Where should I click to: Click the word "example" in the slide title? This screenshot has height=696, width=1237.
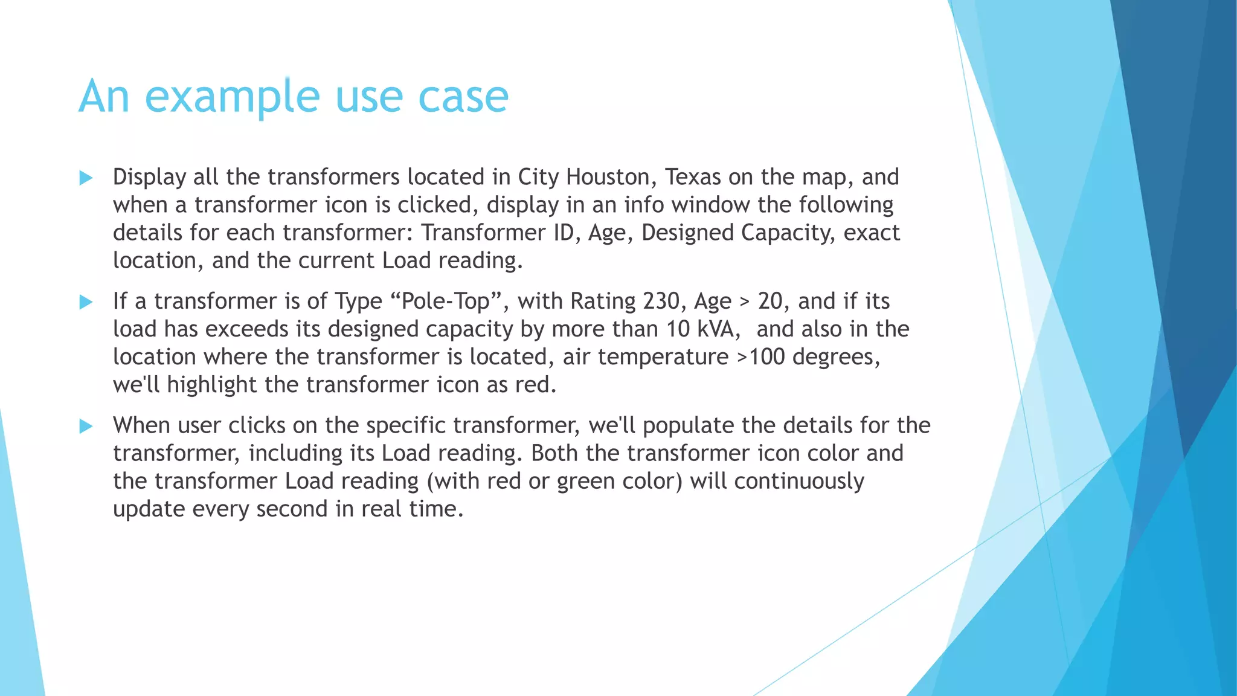point(232,97)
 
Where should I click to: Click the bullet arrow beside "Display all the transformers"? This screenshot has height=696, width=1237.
point(86,178)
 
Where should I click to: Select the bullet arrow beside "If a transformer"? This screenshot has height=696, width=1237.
point(86,302)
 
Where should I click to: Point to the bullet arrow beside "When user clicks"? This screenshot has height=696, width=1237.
point(86,427)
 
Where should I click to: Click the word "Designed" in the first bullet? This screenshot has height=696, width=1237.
point(687,233)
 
